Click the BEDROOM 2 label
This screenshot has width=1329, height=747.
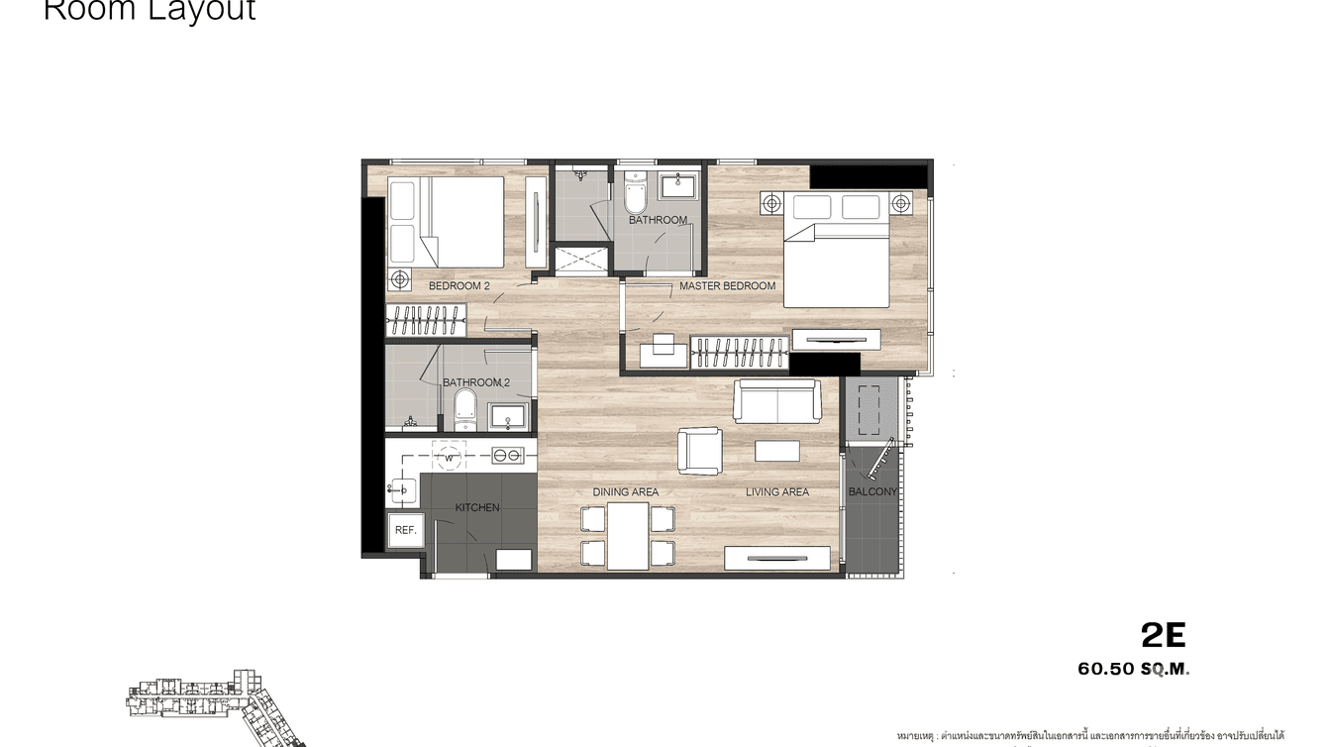click(x=459, y=286)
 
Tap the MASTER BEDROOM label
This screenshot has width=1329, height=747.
click(x=727, y=286)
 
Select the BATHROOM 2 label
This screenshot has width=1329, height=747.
click(x=476, y=382)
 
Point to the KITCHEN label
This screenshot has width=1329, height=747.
click(x=477, y=508)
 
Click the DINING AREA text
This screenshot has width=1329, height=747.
click(x=625, y=492)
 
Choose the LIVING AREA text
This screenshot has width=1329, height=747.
click(x=776, y=492)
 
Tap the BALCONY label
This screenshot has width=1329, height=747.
click(x=872, y=492)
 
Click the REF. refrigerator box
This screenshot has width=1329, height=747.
click(x=405, y=531)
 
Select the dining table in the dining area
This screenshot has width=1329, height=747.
click(x=628, y=536)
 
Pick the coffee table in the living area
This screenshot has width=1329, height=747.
click(x=776, y=451)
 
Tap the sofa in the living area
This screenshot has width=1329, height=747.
click(x=776, y=401)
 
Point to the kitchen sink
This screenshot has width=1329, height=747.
click(x=403, y=487)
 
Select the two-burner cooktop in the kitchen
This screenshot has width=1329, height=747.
click(x=507, y=456)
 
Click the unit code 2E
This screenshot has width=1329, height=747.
click(x=1163, y=635)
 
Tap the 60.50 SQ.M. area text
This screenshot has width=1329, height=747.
click(x=1133, y=669)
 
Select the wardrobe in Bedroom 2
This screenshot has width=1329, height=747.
click(x=426, y=319)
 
